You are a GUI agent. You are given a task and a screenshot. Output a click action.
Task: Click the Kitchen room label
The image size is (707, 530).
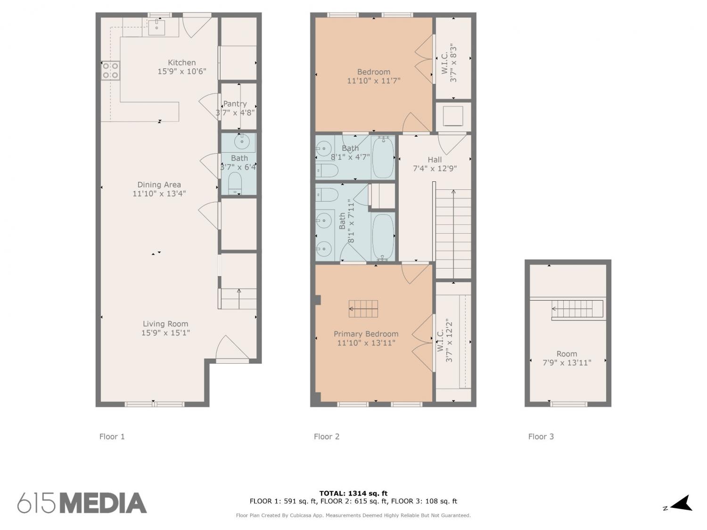pos(181,63)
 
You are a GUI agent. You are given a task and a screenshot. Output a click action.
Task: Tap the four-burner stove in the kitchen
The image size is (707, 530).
pos(110,71)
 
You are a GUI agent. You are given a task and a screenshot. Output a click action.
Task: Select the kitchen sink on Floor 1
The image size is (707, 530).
pos(156,27)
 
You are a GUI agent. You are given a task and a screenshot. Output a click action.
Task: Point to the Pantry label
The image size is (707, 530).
pos(235,104)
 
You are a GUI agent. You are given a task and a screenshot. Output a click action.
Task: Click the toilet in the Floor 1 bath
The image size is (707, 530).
pos(235,183)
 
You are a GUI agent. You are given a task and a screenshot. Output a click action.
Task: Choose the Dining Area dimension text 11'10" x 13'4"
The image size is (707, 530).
pos(159,194)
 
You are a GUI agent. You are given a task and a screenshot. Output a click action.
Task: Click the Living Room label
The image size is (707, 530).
pos(165,324)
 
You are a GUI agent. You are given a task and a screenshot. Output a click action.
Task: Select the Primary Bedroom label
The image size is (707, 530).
pos(366,334)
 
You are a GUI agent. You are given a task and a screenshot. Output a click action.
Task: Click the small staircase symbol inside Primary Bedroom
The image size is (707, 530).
pos(363,309)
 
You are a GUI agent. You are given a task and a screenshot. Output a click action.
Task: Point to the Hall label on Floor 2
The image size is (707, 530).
pos(435,160)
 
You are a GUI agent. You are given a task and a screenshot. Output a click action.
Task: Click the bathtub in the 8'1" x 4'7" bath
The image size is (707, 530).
pos(383,157)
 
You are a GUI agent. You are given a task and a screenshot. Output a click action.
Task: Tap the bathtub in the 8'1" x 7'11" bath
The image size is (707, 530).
pos(383,237)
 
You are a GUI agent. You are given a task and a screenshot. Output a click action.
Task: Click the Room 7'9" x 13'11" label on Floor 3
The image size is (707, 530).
pos(567,358)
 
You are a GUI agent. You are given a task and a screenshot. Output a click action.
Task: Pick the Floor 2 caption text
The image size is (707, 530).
pos(327,436)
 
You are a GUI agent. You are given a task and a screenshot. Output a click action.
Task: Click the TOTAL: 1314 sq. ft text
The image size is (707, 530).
pos(353,493)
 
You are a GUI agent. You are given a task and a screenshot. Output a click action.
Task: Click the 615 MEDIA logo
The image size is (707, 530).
pos(82,503)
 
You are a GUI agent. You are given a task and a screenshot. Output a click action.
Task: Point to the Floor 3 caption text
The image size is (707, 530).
pos(541,436)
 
